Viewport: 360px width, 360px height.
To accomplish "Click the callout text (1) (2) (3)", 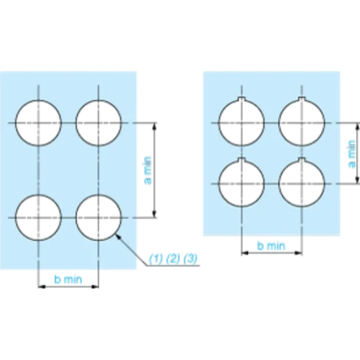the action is (x=173, y=259).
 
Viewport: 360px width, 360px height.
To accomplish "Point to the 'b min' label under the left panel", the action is (x=68, y=279).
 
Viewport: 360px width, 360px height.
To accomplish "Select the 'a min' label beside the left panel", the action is (x=148, y=170).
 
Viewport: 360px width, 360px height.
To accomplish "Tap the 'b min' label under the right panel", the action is (x=272, y=246).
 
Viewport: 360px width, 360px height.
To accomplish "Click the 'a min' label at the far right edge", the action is (x=352, y=154).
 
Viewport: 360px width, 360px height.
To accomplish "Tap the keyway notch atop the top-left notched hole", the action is (x=242, y=99).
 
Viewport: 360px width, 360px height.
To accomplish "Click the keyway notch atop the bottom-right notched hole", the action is (x=302, y=159).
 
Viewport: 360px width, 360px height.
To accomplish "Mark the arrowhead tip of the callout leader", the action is (x=116, y=235).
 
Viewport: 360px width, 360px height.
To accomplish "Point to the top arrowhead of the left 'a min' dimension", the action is (x=154, y=123).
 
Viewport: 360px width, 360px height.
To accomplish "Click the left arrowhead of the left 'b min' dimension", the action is (x=39, y=287).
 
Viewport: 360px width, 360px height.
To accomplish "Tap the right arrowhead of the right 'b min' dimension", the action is (x=301, y=253).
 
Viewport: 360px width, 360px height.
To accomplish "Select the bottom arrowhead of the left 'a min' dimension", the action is (x=154, y=217).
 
